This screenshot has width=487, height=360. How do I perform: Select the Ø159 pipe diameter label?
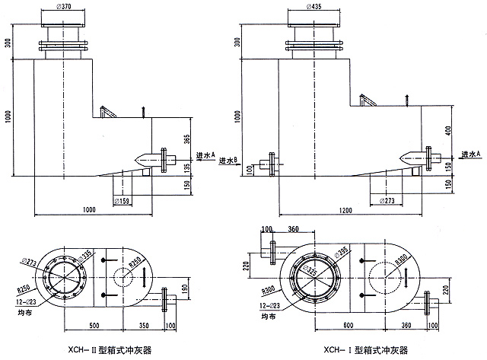click(123, 201)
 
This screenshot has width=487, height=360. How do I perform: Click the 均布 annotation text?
click(18, 311)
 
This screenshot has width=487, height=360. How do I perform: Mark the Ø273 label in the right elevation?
click(388, 201)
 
